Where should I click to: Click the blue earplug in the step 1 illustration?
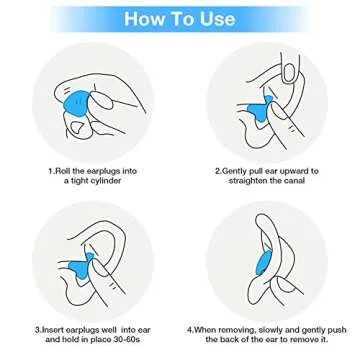pos(77,102)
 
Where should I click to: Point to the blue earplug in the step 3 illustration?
pos(81,266)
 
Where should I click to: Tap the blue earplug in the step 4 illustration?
pos(263,262)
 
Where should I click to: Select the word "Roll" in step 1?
pos(63,171)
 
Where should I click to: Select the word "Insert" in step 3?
pos(53,330)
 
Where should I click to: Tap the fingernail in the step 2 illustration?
pos(289,72)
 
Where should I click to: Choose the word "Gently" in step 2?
pos(235,172)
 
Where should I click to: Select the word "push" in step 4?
pos(337,331)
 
